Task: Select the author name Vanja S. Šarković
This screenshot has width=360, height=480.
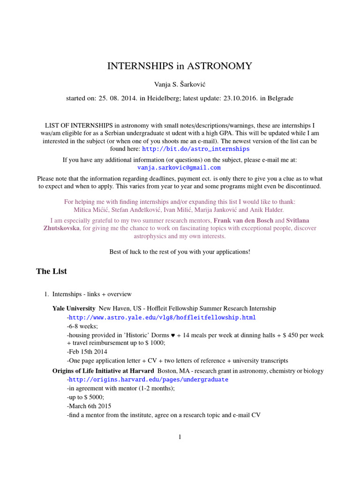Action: tap(180, 84)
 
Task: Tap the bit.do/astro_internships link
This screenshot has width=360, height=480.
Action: tap(195, 149)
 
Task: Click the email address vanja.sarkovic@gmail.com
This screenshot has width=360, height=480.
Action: tap(180, 167)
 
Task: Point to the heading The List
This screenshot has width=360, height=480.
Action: tap(52, 271)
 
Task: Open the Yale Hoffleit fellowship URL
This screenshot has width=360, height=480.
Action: tap(162, 317)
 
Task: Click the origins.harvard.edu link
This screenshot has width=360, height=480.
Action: tap(149, 379)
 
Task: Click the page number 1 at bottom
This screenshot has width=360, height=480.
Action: tap(180, 437)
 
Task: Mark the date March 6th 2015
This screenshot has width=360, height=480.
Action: tap(90, 406)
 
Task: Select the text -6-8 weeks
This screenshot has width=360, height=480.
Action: tap(82, 326)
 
